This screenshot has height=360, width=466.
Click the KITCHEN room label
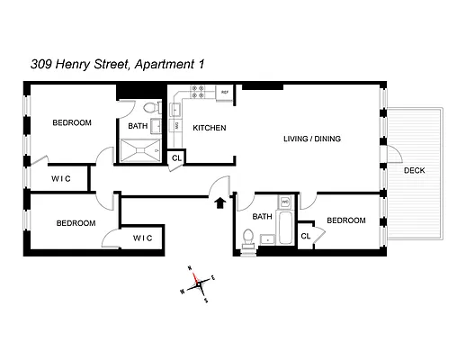[x=210, y=128]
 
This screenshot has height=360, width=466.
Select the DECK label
[x=414, y=170]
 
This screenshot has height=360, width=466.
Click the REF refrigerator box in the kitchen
[x=224, y=93]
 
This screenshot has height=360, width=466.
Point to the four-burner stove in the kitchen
[x=197, y=93]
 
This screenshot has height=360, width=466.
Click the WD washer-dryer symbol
[x=284, y=202]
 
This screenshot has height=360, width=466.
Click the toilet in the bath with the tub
[x=248, y=238]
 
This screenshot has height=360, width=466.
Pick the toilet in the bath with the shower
[x=150, y=110]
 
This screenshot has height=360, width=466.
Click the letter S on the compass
[x=206, y=300]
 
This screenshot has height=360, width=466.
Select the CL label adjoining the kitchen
[x=176, y=158]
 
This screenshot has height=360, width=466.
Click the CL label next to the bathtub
[x=306, y=236]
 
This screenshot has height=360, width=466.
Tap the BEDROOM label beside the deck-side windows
[x=345, y=220]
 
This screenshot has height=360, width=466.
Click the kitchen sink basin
[x=176, y=110]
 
